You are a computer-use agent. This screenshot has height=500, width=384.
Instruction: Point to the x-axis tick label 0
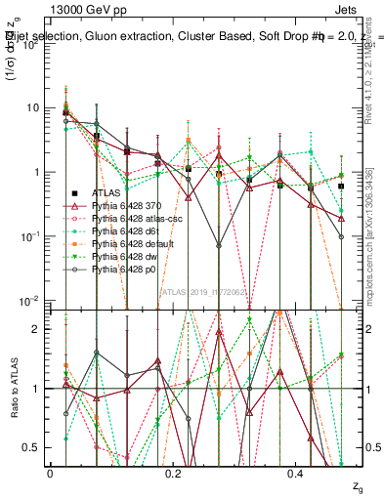click(x=50, y=472)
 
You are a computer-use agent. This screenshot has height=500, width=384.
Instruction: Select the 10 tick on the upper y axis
click(x=34, y=107)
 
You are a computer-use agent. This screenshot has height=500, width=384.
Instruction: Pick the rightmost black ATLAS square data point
click(x=341, y=186)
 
